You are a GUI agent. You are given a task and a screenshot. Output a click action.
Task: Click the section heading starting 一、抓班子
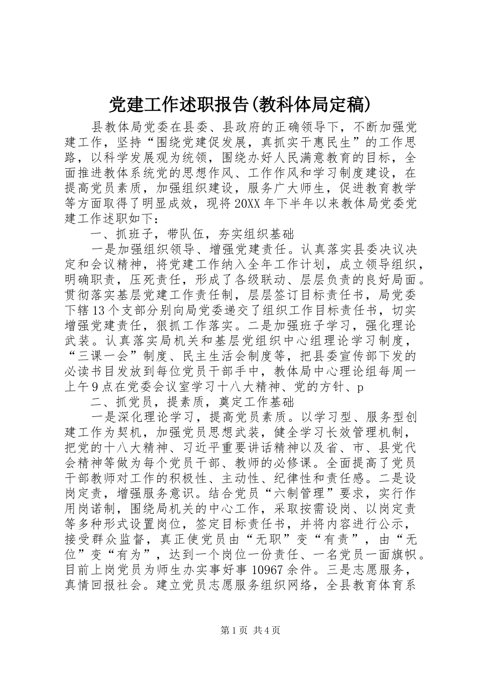(191, 234)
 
